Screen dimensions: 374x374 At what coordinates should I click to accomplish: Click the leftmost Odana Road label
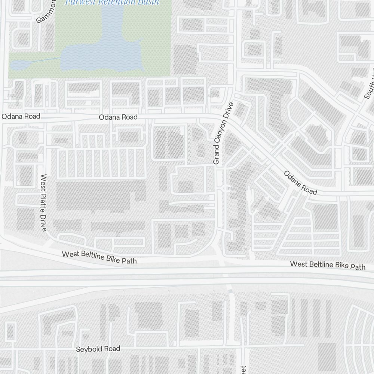pyautogui.click(x=21, y=116)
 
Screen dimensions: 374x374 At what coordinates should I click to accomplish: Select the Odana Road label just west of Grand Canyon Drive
pyautogui.click(x=118, y=117)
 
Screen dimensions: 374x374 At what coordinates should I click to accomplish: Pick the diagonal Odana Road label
pyautogui.click(x=300, y=183)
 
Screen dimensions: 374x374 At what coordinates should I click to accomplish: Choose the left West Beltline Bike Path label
pyautogui.click(x=99, y=257)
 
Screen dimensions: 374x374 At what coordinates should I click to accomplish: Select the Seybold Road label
pyautogui.click(x=98, y=349)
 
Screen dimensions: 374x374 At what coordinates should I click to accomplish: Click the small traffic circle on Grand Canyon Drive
pyautogui.click(x=226, y=189)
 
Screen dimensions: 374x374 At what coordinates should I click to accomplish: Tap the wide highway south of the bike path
pyautogui.click(x=187, y=279)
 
